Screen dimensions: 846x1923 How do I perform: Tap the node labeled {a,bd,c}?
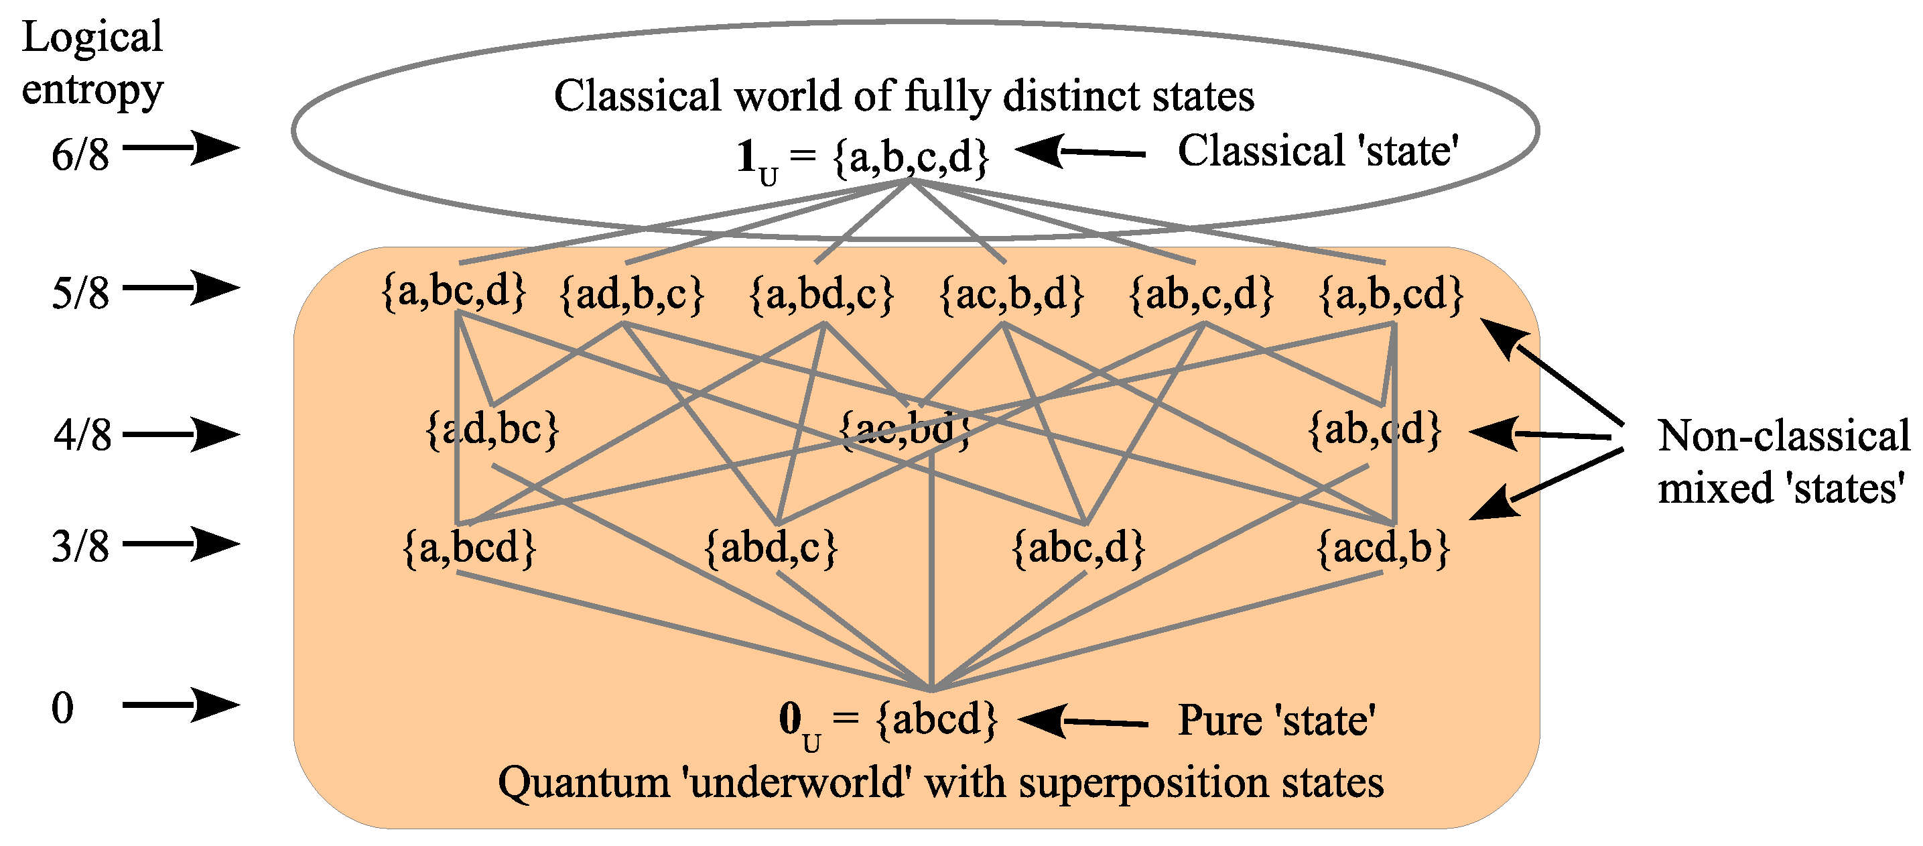[x=821, y=294]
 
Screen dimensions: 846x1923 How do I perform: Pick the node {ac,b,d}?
[x=1011, y=294]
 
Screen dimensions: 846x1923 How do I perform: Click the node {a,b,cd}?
[x=1391, y=294]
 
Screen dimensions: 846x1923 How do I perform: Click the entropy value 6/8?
[x=80, y=156]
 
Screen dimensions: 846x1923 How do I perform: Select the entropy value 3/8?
[x=80, y=546]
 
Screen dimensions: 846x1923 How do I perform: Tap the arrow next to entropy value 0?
[x=181, y=705]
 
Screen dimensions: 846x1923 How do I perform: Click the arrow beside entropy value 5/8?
[x=181, y=288]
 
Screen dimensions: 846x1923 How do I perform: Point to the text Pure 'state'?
[x=1276, y=721]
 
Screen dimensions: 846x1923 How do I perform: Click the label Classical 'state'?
[x=1317, y=151]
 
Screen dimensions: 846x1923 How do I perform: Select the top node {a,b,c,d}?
[x=911, y=157]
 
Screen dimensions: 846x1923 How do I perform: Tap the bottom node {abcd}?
[x=936, y=720]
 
